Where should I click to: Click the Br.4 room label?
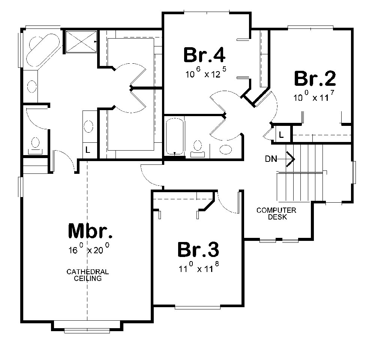pyautogui.click(x=204, y=55)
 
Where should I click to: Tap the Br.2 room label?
pyautogui.click(x=315, y=79)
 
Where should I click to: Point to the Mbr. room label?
pyautogui.click(x=90, y=231)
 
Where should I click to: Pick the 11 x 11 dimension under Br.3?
pyautogui.click(x=198, y=268)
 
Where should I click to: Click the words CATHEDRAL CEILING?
pyautogui.click(x=88, y=275)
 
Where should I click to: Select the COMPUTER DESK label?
pyautogui.click(x=276, y=214)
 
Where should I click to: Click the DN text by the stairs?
pyautogui.click(x=271, y=159)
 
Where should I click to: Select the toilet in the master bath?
pyautogui.click(x=36, y=145)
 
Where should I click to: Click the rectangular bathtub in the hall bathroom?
pyautogui.click(x=175, y=136)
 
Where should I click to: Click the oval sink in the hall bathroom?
pyautogui.click(x=226, y=149)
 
